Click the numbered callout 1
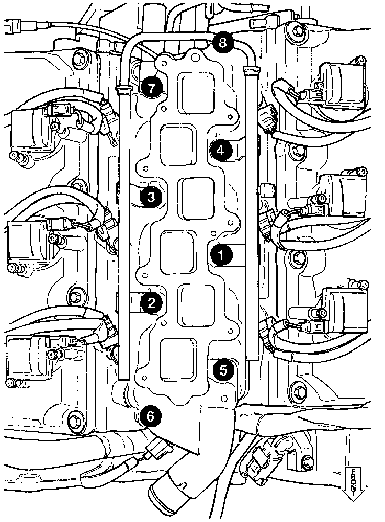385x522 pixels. [221, 256]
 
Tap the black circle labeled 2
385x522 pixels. [151, 302]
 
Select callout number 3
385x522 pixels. [151, 197]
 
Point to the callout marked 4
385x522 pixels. [221, 151]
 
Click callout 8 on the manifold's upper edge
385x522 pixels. [223, 42]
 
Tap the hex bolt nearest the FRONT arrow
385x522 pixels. [309, 461]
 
